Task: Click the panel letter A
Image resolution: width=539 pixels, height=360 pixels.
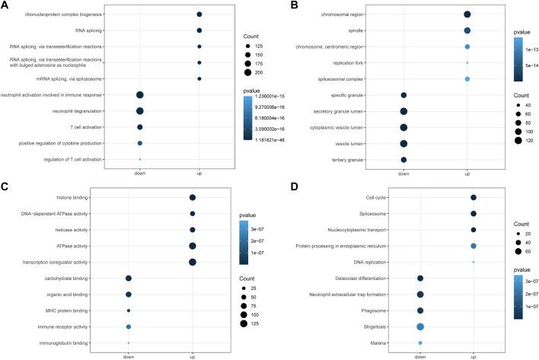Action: click(5, 6)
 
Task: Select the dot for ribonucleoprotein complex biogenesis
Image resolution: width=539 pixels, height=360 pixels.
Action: click(199, 14)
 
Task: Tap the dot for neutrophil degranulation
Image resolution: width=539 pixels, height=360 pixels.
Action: click(139, 110)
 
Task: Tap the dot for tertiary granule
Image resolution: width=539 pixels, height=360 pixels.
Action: click(403, 159)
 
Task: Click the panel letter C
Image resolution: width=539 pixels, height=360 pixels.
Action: click(5, 188)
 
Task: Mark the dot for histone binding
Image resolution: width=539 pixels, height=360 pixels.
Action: click(193, 198)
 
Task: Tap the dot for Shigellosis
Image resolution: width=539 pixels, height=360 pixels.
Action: click(420, 327)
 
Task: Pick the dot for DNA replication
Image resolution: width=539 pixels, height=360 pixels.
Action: click(474, 262)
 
